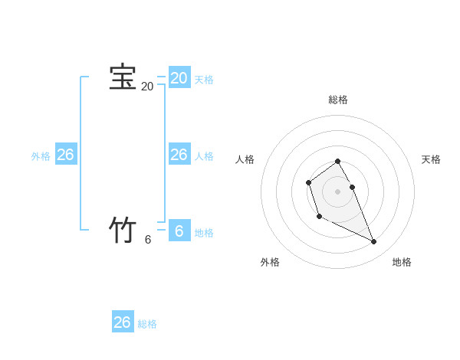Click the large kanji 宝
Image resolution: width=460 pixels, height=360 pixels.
click(x=123, y=78)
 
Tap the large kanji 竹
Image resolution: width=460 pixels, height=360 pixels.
click(x=123, y=230)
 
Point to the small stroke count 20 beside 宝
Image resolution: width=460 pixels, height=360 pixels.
click(x=147, y=87)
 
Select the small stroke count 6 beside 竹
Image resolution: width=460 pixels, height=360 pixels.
click(x=148, y=239)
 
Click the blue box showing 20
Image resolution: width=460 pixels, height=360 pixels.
click(x=179, y=77)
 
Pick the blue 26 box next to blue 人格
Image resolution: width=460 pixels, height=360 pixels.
click(x=179, y=155)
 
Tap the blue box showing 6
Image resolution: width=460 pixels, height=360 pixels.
click(x=179, y=231)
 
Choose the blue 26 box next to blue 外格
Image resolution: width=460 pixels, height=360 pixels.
click(x=65, y=155)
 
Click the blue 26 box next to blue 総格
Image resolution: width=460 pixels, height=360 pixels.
click(x=123, y=322)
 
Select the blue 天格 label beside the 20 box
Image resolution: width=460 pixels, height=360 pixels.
click(x=204, y=80)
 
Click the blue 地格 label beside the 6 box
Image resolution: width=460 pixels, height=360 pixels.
click(x=204, y=233)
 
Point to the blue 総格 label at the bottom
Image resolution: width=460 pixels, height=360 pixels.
click(x=147, y=325)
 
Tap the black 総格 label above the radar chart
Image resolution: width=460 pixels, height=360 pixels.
click(x=337, y=100)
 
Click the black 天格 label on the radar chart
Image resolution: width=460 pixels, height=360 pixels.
click(x=432, y=159)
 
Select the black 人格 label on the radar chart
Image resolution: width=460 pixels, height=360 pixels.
click(x=245, y=159)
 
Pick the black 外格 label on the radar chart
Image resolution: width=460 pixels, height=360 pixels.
click(x=270, y=262)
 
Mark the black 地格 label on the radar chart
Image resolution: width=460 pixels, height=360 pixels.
click(x=402, y=262)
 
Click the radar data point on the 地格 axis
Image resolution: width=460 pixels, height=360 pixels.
click(x=374, y=242)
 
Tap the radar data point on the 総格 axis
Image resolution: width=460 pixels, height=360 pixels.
click(x=337, y=161)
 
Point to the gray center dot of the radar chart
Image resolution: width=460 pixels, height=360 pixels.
click(x=337, y=191)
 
